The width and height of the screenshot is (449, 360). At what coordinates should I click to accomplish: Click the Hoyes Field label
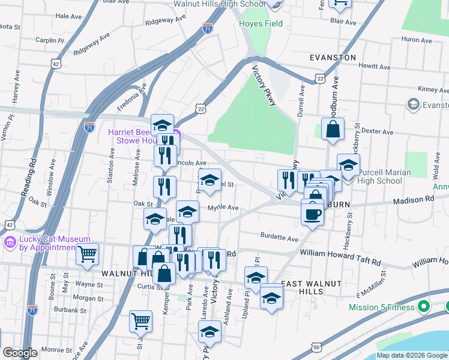pos(261,24)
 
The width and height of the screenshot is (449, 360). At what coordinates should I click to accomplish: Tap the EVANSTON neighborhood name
pos(333,57)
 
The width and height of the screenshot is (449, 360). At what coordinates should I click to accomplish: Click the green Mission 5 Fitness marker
pos(423,307)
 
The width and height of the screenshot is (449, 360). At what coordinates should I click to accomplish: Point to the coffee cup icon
pos(312,214)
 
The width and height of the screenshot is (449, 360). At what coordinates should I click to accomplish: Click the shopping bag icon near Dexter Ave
pos(333,129)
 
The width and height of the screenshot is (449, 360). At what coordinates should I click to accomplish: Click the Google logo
pos(20,353)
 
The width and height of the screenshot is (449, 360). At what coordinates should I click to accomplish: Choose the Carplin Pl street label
pos(50,41)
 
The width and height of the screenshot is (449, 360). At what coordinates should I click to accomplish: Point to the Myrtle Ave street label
pos(223,208)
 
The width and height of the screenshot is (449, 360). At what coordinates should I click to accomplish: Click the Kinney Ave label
pos(433,89)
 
